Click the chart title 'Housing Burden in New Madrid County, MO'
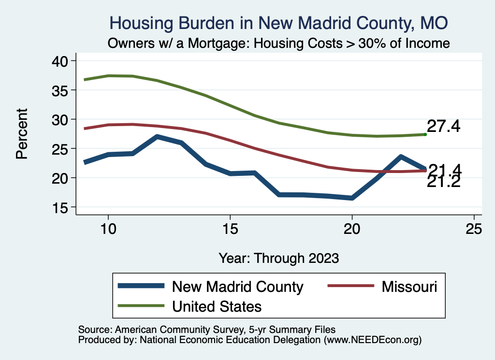pyautogui.click(x=279, y=23)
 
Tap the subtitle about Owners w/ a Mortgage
pyautogui.click(x=279, y=43)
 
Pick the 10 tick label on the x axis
pyautogui.click(x=108, y=229)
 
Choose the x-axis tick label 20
pyautogui.click(x=352, y=229)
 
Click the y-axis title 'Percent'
pyautogui.click(x=21, y=134)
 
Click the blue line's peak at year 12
pyautogui.click(x=157, y=137)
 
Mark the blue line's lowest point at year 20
pyautogui.click(x=352, y=198)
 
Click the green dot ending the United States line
pyautogui.click(x=425, y=134)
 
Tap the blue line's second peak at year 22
pyautogui.click(x=401, y=157)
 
